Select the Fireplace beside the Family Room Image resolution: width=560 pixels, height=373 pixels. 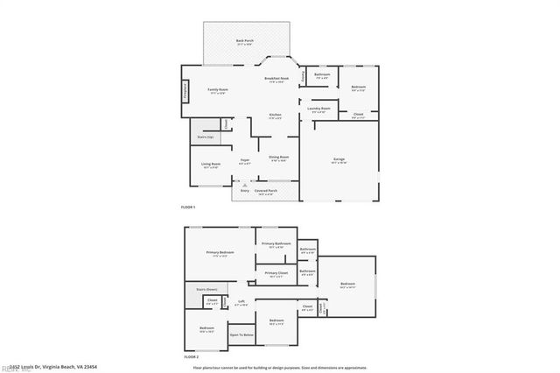pyautogui.click(x=185, y=90)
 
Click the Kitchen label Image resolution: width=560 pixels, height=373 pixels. pyautogui.click(x=275, y=116)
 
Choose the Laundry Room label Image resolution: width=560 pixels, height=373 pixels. pyautogui.click(x=319, y=110)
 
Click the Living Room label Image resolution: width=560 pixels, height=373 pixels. pyautogui.click(x=211, y=165)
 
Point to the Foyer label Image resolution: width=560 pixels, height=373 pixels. pyautogui.click(x=245, y=162)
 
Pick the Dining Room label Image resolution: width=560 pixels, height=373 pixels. pyautogui.click(x=279, y=158)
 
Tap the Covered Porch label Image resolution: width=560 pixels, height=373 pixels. pyautogui.click(x=266, y=192)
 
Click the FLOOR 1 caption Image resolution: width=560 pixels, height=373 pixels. pyautogui.click(x=188, y=207)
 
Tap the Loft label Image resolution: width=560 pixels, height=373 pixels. pyautogui.click(x=241, y=303)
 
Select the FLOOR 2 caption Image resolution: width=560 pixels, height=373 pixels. pyautogui.click(x=192, y=358)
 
